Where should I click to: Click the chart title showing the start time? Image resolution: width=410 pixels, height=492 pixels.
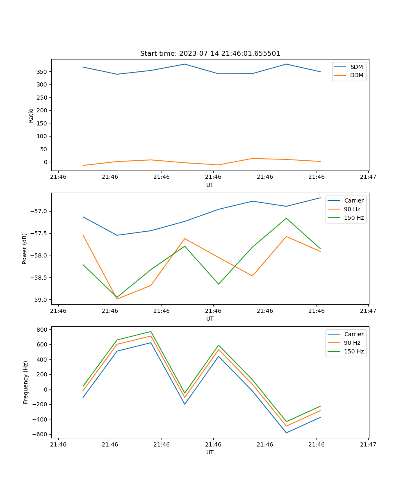point(210,54)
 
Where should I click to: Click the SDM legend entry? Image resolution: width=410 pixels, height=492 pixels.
point(356,67)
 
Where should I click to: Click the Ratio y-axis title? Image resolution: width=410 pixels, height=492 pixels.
point(31,115)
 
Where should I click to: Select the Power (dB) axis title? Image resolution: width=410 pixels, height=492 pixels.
point(25,248)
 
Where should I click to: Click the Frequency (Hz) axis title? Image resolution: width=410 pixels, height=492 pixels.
point(26,382)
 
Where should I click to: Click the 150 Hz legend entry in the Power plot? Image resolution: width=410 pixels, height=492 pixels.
point(354,218)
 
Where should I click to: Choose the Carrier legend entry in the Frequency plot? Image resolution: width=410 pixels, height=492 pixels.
point(354,334)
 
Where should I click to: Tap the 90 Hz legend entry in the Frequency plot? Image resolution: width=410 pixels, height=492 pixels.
point(352,343)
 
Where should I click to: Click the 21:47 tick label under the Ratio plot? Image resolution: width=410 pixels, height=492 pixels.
point(368,177)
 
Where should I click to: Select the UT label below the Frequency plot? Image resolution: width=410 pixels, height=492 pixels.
point(210,452)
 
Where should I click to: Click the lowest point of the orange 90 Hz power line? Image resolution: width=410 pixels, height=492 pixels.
point(117,299)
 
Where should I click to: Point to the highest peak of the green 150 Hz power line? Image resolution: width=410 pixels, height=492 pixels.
point(286,218)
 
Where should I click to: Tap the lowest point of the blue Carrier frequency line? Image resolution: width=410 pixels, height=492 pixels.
point(286,433)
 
